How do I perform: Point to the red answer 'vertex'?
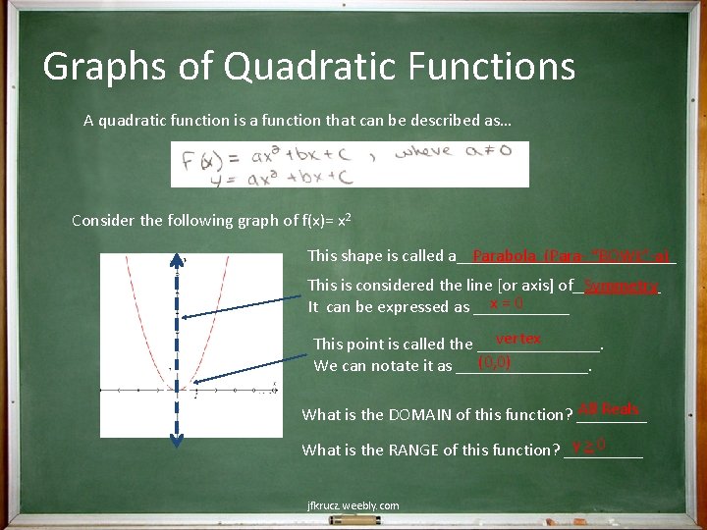tap(517, 339)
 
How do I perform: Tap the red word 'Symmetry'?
tap(621, 286)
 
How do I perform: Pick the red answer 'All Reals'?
tap(609, 408)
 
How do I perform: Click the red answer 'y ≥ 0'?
tap(588, 447)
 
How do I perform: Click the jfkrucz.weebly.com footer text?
tap(353, 505)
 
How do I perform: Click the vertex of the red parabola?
tap(177, 390)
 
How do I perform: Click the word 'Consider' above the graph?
tap(104, 220)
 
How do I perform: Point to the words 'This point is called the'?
tap(393, 344)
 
